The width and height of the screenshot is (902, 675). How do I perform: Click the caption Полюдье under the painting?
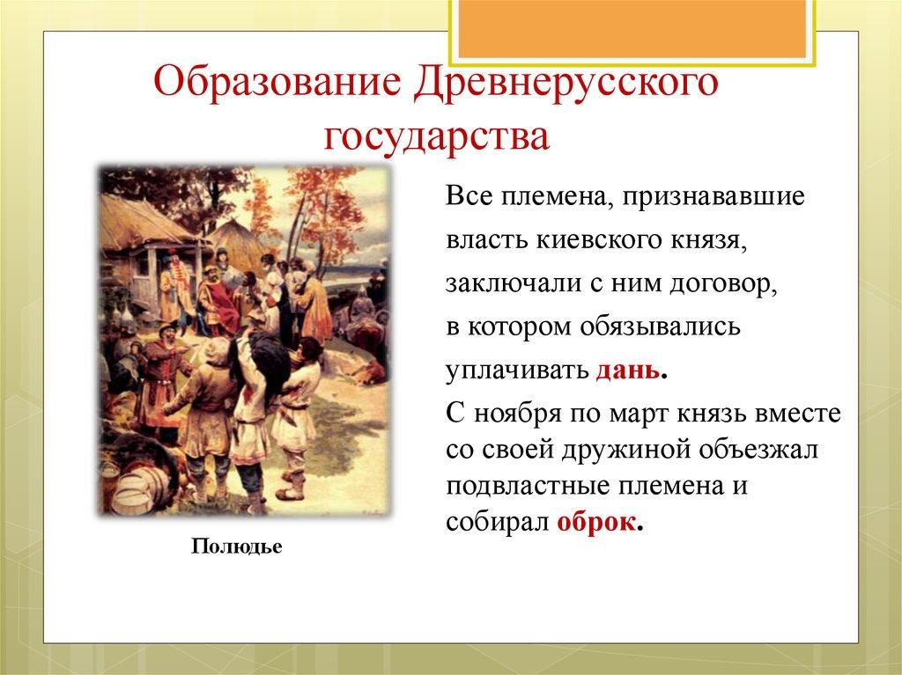(x=237, y=547)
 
